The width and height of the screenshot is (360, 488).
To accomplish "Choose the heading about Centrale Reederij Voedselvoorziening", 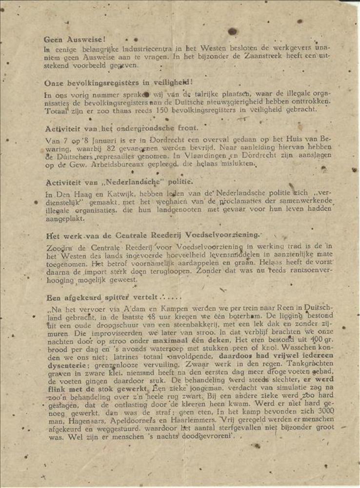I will coord(152,235).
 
